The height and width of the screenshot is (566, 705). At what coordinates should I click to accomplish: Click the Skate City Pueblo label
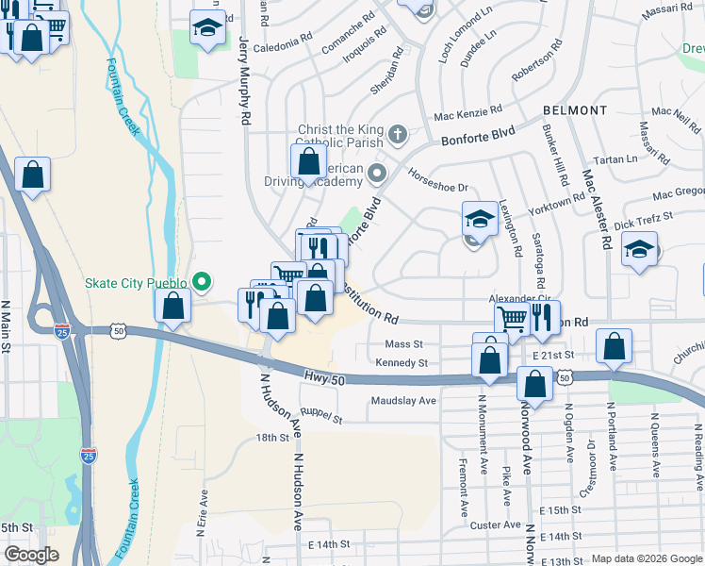(135, 281)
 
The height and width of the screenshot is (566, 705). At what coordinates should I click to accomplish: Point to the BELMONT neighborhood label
(575, 110)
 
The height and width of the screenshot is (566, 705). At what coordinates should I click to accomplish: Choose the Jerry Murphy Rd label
(245, 81)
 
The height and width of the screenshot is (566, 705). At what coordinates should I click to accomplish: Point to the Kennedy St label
(402, 362)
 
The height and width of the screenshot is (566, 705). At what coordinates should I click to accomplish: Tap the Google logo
(32, 555)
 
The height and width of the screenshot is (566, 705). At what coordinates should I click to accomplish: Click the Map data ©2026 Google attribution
(646, 558)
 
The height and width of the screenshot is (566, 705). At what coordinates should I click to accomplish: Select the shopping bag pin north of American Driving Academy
(309, 161)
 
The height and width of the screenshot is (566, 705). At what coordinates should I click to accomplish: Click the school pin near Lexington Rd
(480, 219)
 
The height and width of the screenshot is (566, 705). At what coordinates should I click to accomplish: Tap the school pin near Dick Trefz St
(640, 249)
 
